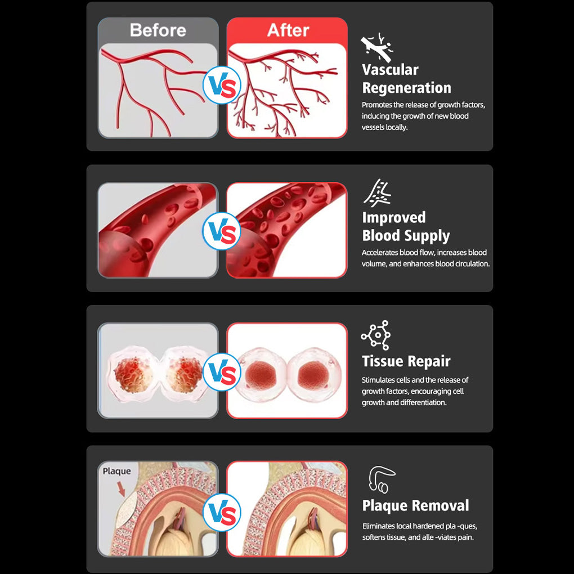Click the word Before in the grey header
158,30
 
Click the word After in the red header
288,30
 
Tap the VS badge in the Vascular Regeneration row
222,85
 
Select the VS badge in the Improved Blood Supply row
222,231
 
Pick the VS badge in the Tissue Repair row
222,372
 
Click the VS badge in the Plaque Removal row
222,512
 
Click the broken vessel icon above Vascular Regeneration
377,47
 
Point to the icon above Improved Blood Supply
377,193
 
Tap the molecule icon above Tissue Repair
376,335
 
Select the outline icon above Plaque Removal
382,479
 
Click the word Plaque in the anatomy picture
117,471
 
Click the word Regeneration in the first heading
407,88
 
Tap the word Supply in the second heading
427,236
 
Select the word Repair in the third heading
429,362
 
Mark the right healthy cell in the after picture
313,374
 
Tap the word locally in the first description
396,127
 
